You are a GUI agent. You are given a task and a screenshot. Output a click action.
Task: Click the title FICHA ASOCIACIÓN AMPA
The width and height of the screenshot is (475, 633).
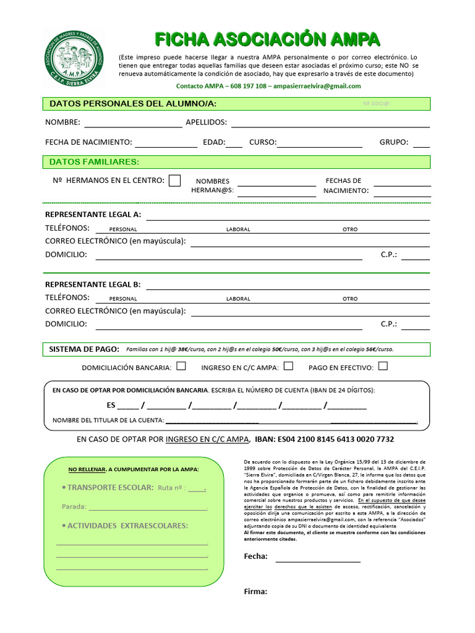pos(267,40)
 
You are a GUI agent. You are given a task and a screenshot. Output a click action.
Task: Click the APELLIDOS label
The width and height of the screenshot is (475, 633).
pos(206,122)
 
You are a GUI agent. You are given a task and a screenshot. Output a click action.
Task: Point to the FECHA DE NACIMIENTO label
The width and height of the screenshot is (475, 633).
pos(88,142)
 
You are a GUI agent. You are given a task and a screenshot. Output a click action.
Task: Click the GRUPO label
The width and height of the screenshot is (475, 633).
pos(394,142)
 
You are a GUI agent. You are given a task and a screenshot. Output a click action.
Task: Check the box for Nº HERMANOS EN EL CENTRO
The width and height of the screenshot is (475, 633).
pos(175,181)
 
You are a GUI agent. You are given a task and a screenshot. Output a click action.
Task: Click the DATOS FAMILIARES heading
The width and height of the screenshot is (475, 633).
pos(94,162)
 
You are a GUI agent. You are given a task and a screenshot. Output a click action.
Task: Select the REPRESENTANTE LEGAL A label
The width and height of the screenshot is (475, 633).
pos(93,215)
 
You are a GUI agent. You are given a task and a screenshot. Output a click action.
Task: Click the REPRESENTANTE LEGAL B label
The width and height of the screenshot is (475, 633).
pos(93,285)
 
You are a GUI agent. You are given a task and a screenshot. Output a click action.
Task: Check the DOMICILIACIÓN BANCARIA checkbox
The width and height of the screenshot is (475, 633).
pos(181,366)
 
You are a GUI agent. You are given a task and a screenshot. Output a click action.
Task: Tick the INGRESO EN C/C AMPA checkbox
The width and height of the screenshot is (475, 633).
pos(288,366)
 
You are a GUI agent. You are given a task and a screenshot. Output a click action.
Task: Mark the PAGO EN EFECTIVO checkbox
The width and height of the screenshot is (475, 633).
pos(383,366)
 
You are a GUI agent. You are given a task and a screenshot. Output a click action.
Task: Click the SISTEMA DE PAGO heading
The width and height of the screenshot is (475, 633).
pos(83,349)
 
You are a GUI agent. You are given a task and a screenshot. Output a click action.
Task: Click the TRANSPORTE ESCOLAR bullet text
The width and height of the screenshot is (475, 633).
pos(110,488)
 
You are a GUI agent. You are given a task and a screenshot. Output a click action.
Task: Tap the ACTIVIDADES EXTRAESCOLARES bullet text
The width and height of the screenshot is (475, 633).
pos(127,526)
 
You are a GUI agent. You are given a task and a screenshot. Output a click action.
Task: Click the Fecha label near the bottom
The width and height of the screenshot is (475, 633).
pos(255,556)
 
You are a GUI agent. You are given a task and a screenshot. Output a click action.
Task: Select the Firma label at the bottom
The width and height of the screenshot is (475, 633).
pos(255,592)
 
